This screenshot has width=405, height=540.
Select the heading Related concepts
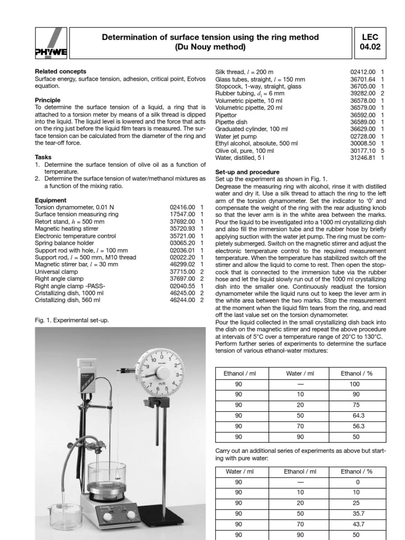[61, 71]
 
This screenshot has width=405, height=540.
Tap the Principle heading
[47, 100]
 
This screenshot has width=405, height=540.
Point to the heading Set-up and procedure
[248, 172]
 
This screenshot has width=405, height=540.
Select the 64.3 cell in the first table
[354, 414]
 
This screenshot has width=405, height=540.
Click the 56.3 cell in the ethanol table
[354, 426]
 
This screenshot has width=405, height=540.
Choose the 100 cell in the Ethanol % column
[354, 384]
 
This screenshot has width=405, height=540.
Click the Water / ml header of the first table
[300, 373]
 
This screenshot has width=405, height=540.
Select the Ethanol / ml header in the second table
[300, 471]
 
